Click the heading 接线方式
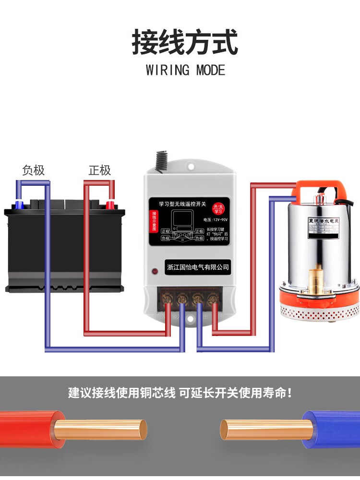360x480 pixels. [185, 43]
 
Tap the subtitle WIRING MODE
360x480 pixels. [185, 70]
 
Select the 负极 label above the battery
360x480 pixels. [34, 170]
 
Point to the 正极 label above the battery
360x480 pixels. [100, 170]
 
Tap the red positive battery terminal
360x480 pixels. [110, 205]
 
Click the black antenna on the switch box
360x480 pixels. [158, 162]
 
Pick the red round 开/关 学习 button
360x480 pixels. [219, 208]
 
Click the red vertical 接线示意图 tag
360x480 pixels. [154, 221]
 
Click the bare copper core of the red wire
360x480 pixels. [101, 429]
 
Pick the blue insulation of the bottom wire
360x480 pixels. [331, 429]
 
